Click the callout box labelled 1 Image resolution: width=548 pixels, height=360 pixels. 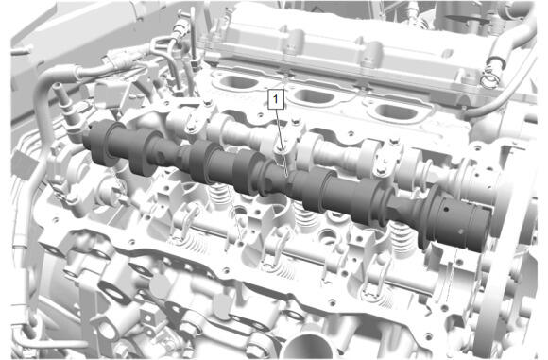276,99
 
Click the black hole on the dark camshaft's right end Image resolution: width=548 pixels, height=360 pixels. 446,210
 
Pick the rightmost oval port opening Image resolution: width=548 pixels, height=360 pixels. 395,111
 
